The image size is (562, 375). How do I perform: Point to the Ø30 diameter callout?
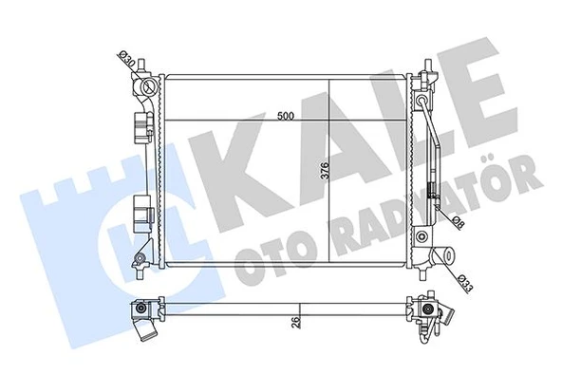tap(124, 60)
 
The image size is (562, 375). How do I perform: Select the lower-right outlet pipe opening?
tap(441, 257)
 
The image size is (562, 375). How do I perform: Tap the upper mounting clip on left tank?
tap(142, 122)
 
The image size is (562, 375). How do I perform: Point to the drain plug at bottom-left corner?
tap(140, 261)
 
